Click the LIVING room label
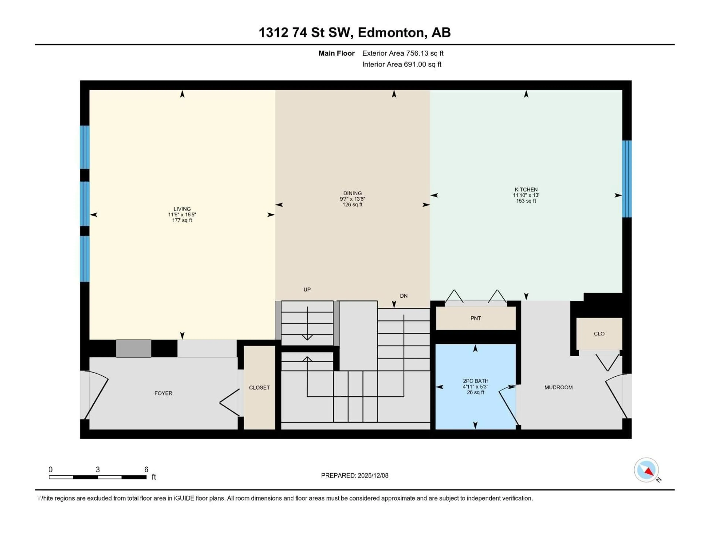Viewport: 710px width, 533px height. coord(182,209)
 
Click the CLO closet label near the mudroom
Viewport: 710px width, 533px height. coord(599,334)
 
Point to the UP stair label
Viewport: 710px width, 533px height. coord(307,289)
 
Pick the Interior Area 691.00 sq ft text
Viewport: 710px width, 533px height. coord(402,64)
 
